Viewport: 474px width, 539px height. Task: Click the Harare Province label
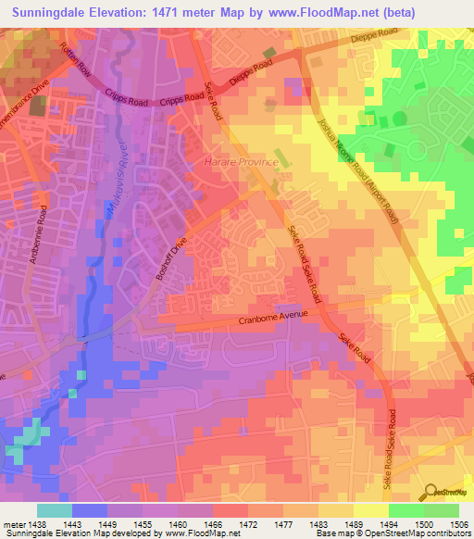coord(240,162)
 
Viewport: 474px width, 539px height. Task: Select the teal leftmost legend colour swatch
coord(55,510)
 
